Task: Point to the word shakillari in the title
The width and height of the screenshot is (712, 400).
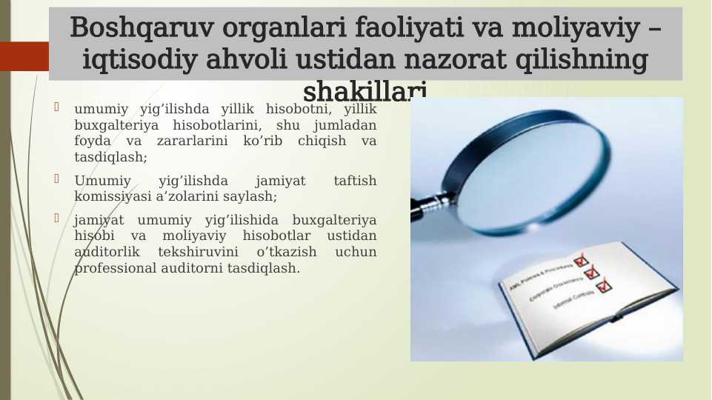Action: coord(365,91)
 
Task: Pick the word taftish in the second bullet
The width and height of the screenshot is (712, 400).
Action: coord(355,181)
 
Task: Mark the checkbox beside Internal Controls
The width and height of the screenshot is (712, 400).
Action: coord(605,285)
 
